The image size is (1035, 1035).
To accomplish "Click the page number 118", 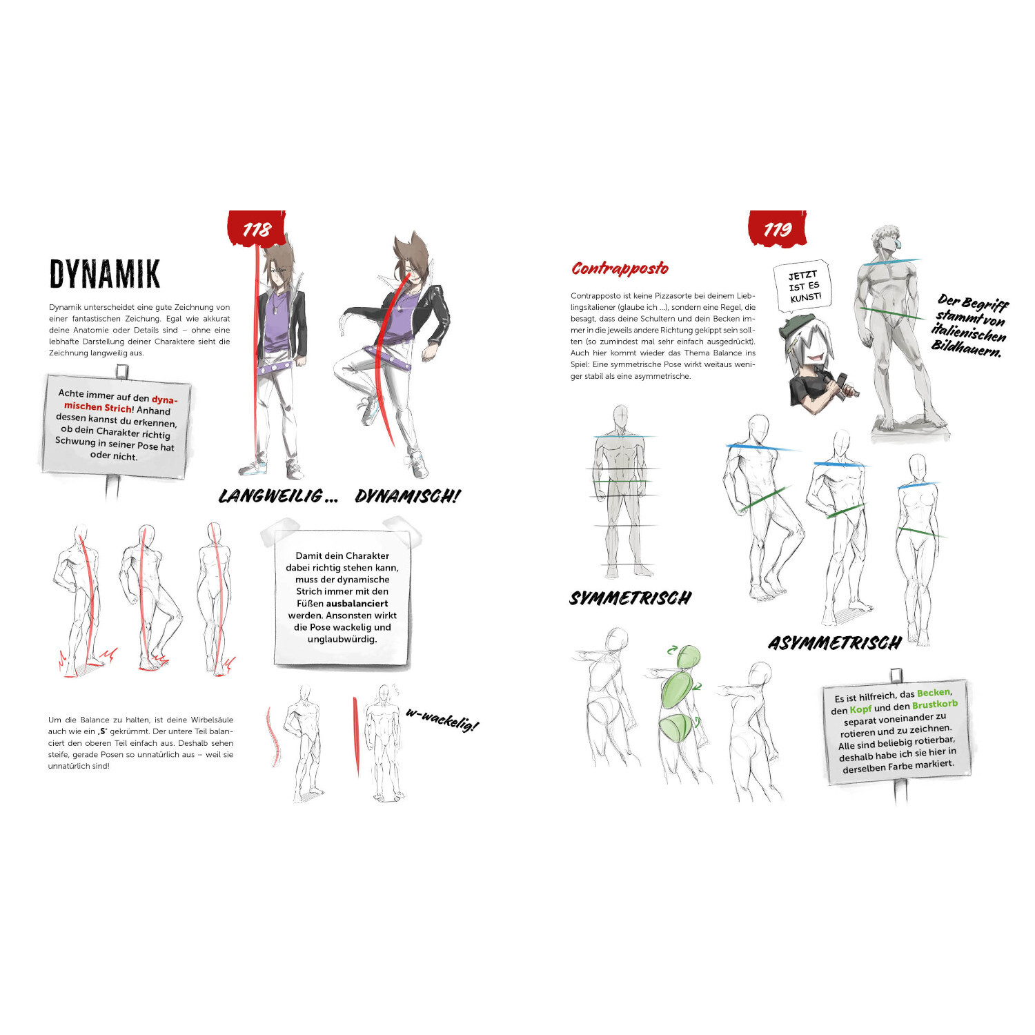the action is [x=257, y=229].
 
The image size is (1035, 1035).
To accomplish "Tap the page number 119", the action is [x=778, y=229].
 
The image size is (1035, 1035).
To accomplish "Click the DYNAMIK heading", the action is [x=105, y=274].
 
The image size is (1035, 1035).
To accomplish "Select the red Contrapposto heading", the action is [x=620, y=268].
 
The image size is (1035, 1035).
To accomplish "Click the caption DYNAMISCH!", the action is [x=407, y=496].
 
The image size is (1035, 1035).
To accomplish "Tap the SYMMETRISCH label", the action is [x=630, y=598].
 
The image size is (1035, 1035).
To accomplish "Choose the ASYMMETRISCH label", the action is [x=835, y=643].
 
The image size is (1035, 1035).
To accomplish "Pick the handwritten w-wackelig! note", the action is [x=442, y=720].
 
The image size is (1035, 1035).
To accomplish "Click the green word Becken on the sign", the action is [x=934, y=693].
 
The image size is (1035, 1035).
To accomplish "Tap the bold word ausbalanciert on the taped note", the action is [x=357, y=603].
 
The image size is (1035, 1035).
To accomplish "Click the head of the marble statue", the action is [x=888, y=242].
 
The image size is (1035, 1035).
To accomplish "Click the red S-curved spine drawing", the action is [x=273, y=737].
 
